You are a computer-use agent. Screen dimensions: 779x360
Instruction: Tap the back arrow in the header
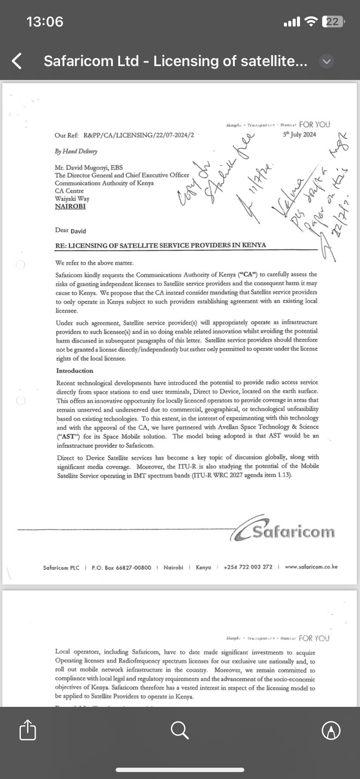(17, 61)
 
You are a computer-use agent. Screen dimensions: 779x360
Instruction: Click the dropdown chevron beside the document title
(327, 62)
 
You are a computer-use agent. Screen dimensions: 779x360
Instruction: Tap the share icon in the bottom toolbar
(28, 730)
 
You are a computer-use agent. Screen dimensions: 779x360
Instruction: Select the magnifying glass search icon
(180, 730)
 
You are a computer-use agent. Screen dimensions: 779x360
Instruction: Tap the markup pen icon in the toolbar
(331, 730)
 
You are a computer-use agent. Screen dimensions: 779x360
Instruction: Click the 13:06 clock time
(45, 22)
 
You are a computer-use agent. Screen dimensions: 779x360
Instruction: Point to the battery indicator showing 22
(333, 22)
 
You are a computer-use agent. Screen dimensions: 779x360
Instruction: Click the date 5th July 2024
(300, 134)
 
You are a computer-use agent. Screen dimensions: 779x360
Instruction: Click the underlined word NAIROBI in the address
(70, 206)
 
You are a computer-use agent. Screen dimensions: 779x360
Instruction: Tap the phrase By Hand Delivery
(76, 151)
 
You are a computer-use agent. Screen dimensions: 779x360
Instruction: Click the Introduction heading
(74, 371)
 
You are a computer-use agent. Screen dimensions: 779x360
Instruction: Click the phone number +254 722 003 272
(248, 567)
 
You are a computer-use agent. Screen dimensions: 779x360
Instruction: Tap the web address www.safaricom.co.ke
(311, 567)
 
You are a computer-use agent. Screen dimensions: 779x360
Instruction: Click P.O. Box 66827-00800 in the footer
(121, 567)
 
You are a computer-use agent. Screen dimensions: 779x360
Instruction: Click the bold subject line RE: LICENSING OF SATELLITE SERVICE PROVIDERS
(160, 245)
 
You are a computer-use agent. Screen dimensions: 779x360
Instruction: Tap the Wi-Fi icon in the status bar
(311, 21)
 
